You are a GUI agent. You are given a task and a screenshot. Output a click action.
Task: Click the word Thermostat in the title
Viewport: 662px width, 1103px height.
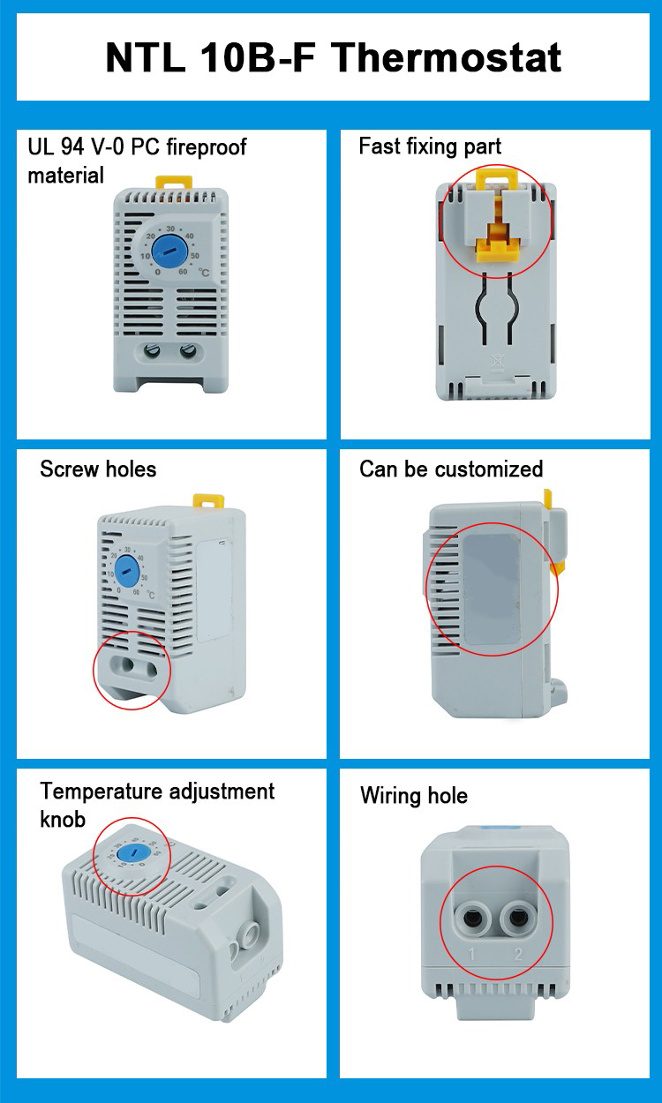(447, 57)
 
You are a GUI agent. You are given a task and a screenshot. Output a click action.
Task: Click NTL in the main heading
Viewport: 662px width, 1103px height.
(146, 58)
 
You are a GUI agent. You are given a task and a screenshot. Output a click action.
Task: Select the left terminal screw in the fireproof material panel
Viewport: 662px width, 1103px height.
(152, 351)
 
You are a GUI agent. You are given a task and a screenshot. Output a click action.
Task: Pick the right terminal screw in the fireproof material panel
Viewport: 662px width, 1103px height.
(188, 351)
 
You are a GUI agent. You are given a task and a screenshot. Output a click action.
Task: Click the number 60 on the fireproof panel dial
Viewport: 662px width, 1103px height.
(183, 271)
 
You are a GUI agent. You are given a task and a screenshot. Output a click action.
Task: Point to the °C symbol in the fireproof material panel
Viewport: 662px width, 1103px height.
(203, 273)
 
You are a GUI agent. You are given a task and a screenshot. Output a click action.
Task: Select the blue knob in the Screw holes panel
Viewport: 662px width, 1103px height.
(128, 570)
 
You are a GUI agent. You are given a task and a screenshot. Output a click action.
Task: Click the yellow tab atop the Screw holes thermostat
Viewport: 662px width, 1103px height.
(208, 501)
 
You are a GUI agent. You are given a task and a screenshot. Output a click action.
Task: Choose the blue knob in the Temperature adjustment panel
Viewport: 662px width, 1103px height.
(132, 853)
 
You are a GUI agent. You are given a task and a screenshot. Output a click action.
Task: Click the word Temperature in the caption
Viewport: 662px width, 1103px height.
(102, 792)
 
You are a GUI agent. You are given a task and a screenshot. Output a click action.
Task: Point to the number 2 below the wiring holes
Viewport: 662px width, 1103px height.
(518, 955)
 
